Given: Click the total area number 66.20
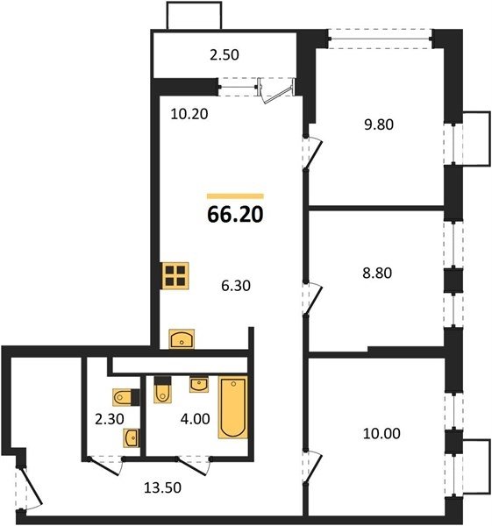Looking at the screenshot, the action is point(235,215).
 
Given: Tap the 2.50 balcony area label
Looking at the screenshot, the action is point(225,55).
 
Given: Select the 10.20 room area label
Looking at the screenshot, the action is point(189,114).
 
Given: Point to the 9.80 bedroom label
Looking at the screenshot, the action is point(379,124).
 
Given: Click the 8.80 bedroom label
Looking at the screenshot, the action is point(377,273).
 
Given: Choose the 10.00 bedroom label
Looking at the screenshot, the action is point(381,433).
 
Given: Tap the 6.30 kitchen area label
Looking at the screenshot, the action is point(236,286).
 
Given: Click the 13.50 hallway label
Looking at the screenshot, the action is point(162,487).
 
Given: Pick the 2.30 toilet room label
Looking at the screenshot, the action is point(110,419).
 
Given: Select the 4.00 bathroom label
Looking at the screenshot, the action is point(195,419).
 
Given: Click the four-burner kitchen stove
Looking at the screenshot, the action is point(175,275).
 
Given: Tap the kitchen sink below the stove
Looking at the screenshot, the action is point(182,338).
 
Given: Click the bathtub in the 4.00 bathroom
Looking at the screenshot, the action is point(233,408).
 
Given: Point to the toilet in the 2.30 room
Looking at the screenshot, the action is point(126,397).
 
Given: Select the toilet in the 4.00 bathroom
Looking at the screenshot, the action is point(162,389).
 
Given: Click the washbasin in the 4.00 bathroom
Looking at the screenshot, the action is point(199,385).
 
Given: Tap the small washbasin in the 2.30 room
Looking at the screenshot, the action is point(132,437).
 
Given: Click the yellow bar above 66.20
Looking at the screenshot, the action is point(235,196).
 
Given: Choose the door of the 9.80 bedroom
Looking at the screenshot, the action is point(312,153).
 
